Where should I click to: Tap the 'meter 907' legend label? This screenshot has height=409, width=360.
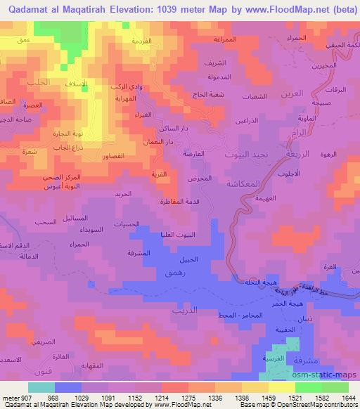(15, 398)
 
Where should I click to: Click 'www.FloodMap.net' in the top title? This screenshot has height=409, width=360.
(281, 8)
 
